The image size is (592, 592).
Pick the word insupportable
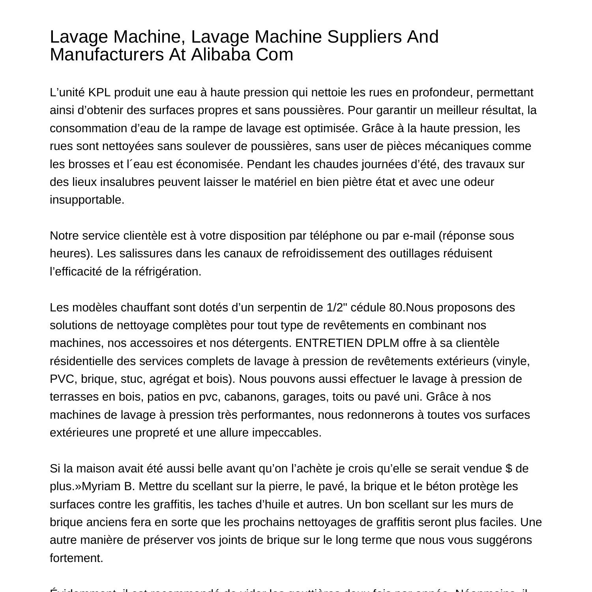tap(87, 200)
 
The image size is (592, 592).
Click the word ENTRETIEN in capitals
tap(329, 343)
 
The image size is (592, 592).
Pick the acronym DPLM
tap(382, 343)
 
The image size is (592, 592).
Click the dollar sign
tap(508, 468)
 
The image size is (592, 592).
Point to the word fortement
tap(76, 558)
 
